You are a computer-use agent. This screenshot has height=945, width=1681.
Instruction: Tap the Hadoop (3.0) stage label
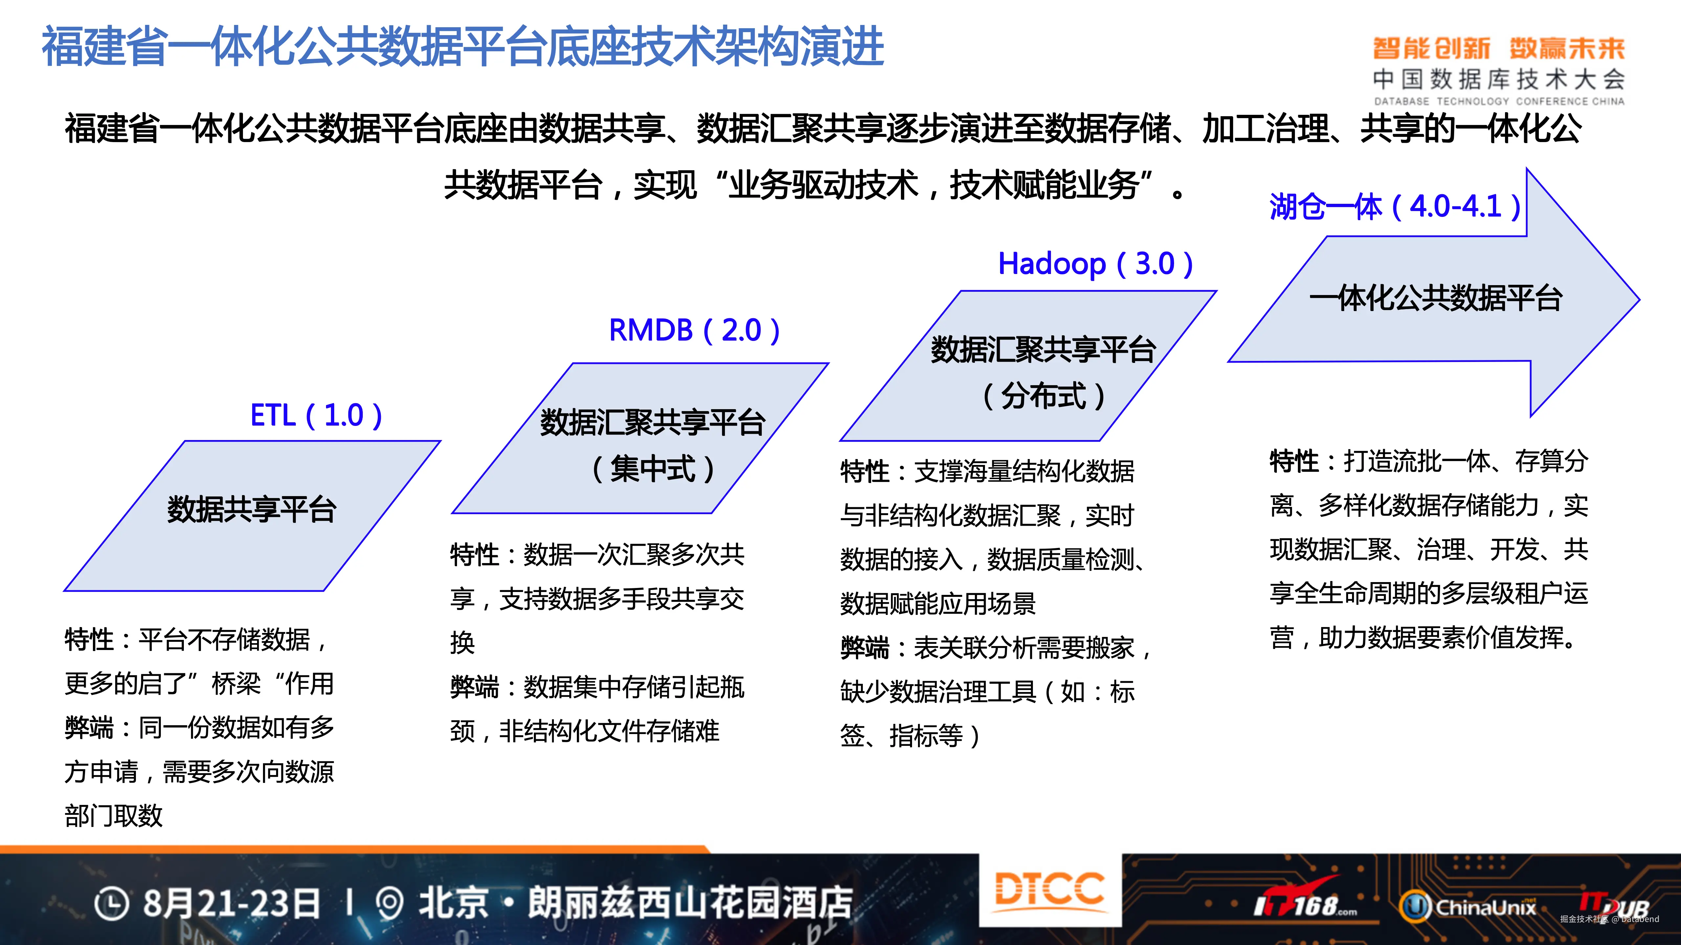coord(1096,263)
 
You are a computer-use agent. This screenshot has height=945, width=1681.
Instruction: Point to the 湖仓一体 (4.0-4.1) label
coord(1395,207)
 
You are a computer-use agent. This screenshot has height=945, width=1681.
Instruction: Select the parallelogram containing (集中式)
coord(640,438)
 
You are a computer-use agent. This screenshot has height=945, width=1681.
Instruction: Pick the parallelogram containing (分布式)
coord(1028,366)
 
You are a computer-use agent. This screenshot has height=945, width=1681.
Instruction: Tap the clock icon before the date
coord(112,904)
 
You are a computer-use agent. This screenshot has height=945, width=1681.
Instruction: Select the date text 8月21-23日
coord(232,904)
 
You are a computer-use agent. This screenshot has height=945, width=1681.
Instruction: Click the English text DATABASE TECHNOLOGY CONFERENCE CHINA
coord(1499,101)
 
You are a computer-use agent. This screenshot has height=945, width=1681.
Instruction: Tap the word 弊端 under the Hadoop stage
coord(865,648)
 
